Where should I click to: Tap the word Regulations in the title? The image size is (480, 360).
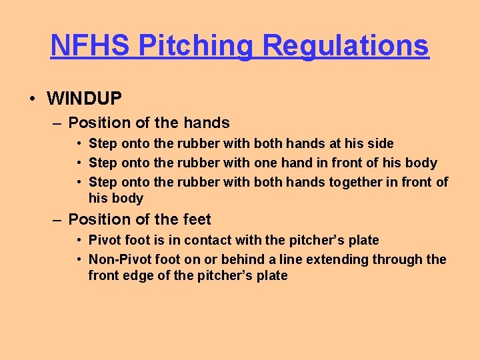345,45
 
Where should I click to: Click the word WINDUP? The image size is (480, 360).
84,99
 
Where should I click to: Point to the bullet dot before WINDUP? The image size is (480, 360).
32,99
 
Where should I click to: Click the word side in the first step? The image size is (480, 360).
379,143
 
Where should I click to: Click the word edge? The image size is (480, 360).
140,275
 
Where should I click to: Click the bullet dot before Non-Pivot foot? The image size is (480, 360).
79,259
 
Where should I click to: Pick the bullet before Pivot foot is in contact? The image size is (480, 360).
79,240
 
